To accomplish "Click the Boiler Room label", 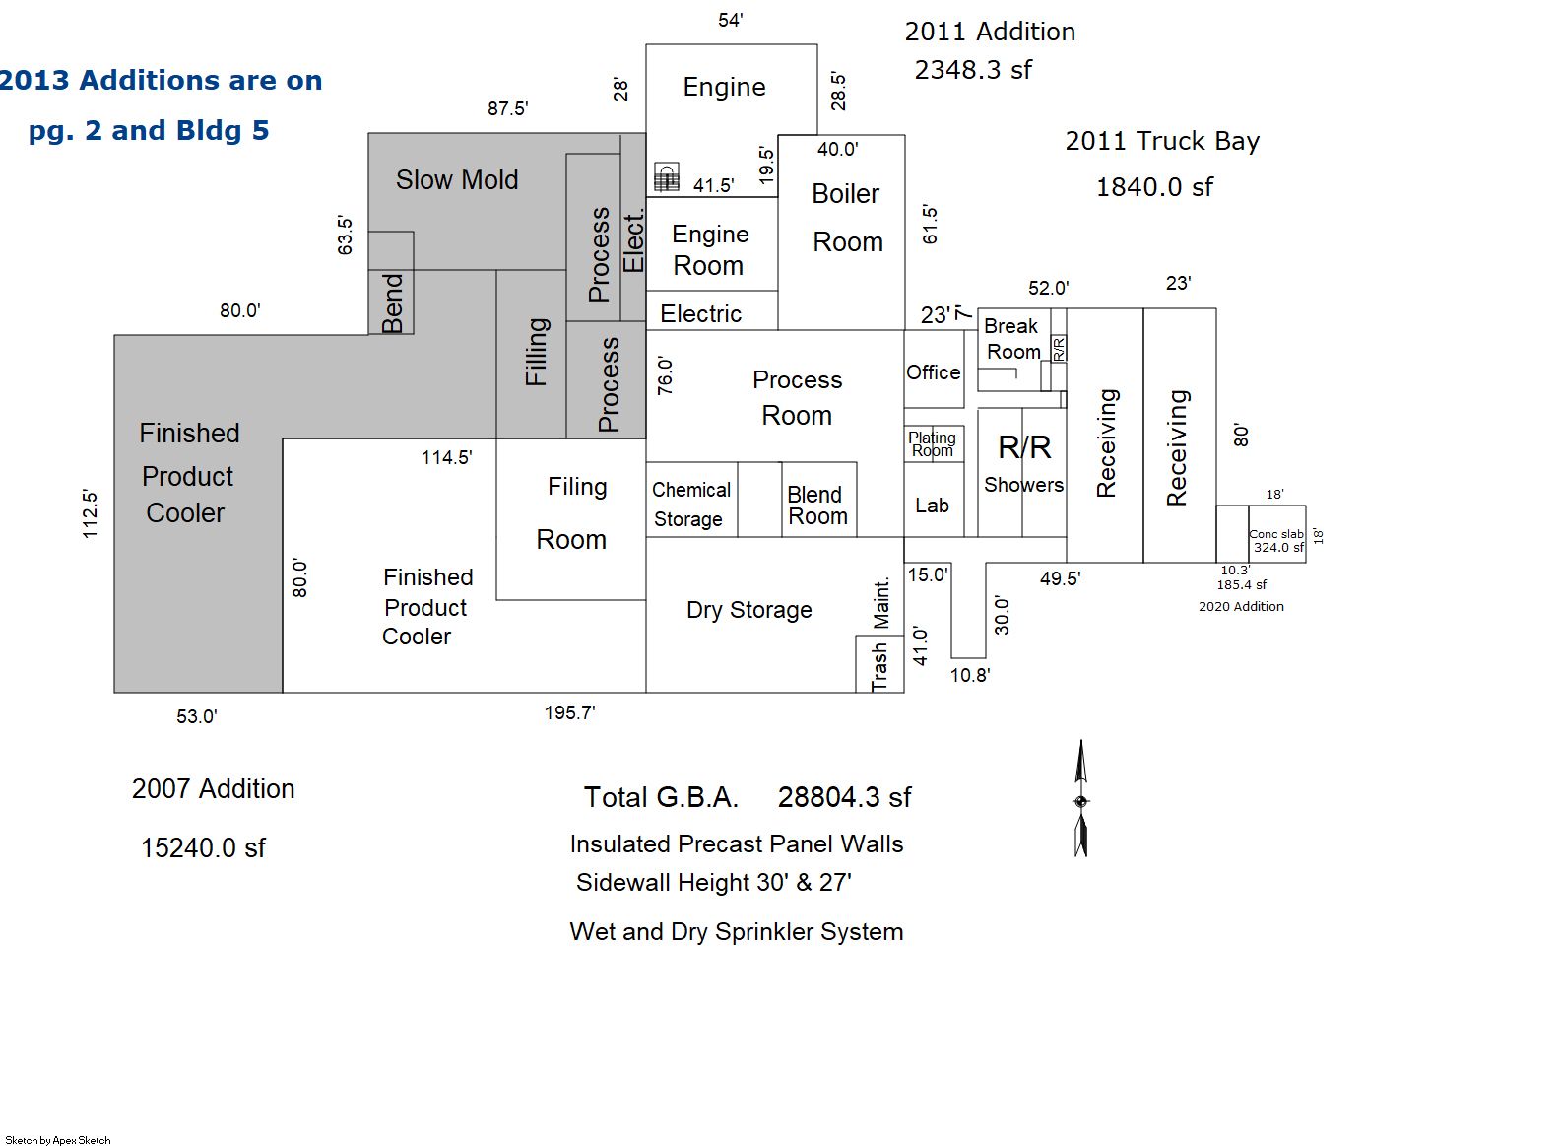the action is tap(847, 218).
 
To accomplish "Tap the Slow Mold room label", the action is tap(457, 180).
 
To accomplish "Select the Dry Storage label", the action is tap(749, 610).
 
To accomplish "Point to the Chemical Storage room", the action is tap(691, 500).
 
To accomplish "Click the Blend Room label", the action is tap(817, 506).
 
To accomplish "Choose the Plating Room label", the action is tap(932, 444).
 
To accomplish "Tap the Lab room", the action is tap(934, 500).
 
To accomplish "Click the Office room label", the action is tap(933, 372).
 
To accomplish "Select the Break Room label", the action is tap(1011, 339).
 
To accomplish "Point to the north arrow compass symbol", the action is tap(1080, 799).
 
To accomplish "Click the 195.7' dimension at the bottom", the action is tap(570, 712).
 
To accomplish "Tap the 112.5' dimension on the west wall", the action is tap(90, 514).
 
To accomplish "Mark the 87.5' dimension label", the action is tap(508, 108).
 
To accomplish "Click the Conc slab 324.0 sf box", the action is tap(1276, 534).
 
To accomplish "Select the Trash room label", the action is tap(879, 666).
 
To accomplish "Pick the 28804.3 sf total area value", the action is tap(845, 797).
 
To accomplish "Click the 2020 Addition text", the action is tap(1241, 606).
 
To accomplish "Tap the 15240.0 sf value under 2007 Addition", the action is tap(204, 848).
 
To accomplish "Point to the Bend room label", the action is tap(392, 303).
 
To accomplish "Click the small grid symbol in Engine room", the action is tap(666, 177).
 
